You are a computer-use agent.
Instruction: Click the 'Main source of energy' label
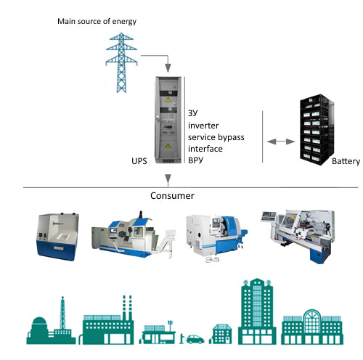point(97,22)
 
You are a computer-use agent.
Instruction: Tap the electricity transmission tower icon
point(121,62)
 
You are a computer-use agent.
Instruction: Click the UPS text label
point(139,161)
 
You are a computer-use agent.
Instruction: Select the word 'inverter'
point(203,126)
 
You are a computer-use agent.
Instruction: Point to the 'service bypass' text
point(216,137)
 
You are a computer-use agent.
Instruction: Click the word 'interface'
point(205,149)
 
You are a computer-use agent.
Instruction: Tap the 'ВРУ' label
point(195,160)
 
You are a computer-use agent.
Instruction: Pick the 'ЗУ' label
point(193,112)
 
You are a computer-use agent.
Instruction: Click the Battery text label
point(346,161)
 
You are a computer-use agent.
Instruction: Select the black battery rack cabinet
point(317,130)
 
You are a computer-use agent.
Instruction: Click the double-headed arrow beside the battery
point(281,142)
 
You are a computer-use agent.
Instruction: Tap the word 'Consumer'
point(172,196)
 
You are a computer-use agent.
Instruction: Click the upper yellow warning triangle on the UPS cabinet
point(168,99)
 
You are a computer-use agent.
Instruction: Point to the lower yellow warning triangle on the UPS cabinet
point(168,146)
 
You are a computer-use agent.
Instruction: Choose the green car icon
point(195,339)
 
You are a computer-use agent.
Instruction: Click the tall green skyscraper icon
point(257,311)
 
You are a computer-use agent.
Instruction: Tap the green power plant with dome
point(51,321)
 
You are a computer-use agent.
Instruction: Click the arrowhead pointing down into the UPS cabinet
point(168,68)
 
